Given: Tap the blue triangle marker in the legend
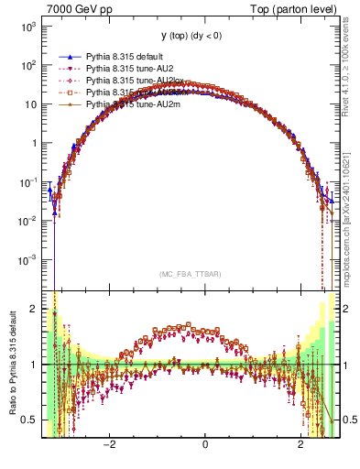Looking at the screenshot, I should click(x=67, y=55).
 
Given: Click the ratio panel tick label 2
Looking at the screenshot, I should click(x=35, y=309).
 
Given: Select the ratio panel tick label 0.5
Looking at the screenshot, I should click(x=30, y=420).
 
